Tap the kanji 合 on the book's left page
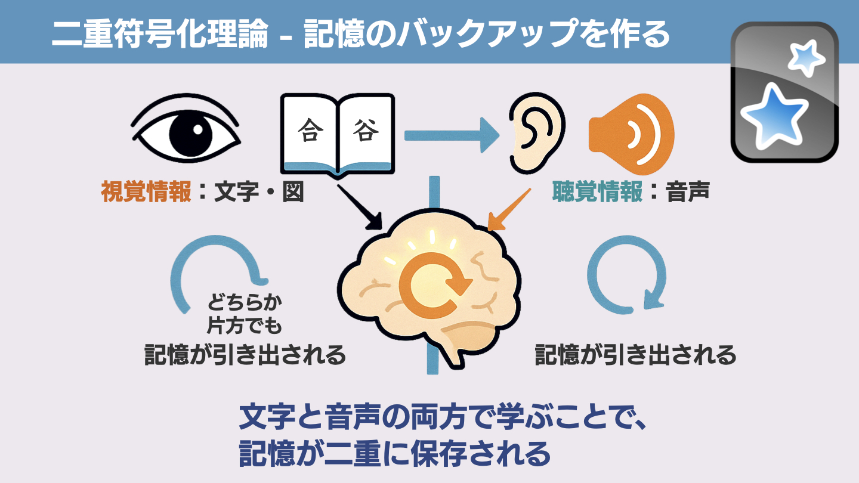pos(311,130)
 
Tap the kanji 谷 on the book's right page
pos(366,130)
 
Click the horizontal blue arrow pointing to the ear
pos(452,135)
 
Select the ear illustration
pos(536,132)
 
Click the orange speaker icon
pos(631,134)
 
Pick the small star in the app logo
pos(806,58)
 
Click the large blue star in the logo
pos(775,117)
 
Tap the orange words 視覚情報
pos(146,191)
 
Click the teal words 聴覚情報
pos(597,191)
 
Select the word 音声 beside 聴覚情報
pos(688,191)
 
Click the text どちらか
pos(245,302)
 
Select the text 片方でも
pos(245,326)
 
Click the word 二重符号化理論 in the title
pos(160,34)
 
